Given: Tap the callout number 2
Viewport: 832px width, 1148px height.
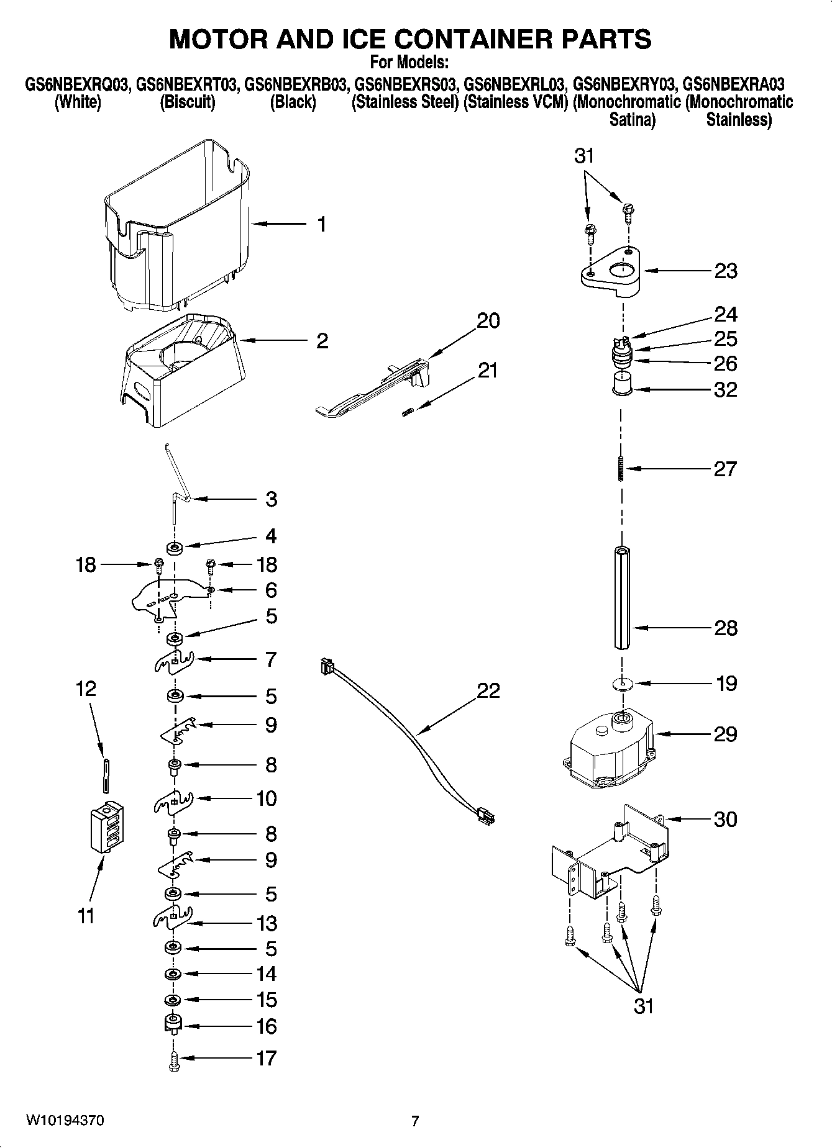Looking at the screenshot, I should pyautogui.click(x=322, y=341).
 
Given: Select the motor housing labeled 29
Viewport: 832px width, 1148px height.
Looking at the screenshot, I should pyautogui.click(x=609, y=745).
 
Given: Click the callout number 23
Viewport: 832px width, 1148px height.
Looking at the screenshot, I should pyautogui.click(x=725, y=271).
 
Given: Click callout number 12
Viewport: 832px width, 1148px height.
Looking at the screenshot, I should pyautogui.click(x=86, y=689).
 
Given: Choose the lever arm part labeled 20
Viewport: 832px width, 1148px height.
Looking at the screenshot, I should pyautogui.click(x=373, y=388).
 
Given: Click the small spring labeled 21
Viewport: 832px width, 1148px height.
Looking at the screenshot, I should pyautogui.click(x=408, y=412).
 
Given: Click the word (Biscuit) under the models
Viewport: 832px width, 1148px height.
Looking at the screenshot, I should pyautogui.click(x=187, y=102).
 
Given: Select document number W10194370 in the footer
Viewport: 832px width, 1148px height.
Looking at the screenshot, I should pyautogui.click(x=65, y=1121).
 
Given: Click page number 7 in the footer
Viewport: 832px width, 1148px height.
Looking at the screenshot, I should pyautogui.click(x=415, y=1121).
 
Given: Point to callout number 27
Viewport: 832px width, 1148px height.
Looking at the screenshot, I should pyautogui.click(x=725, y=469).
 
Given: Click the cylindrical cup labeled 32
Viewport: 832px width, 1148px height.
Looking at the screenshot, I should pyautogui.click(x=621, y=382).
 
